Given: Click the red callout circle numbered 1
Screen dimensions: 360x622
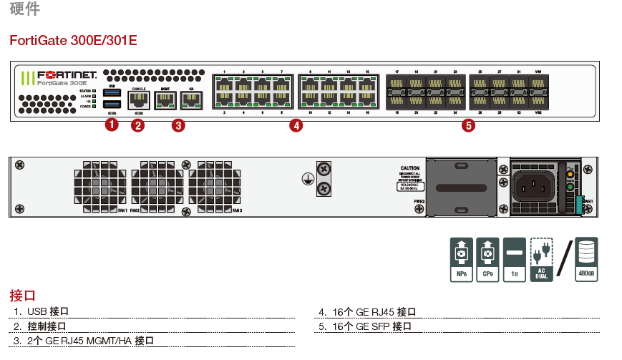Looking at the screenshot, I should coord(111,125).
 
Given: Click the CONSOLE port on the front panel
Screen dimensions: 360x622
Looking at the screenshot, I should coord(139,100).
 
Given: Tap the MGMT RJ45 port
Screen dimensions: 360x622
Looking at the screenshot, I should coord(165,100).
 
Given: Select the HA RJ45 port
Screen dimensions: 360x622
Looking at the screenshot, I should coord(191,100).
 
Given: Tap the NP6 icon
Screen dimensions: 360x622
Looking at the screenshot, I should coord(461,259).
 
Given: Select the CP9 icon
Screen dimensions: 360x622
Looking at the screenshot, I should coord(487,259).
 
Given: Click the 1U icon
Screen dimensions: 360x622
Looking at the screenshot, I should coord(514,259).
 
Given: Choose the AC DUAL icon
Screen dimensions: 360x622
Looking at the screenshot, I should coord(542,259).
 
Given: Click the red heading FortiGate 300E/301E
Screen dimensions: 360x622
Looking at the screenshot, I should coord(73,41).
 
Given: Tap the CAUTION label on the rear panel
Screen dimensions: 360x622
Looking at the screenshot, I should coord(410,170).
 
